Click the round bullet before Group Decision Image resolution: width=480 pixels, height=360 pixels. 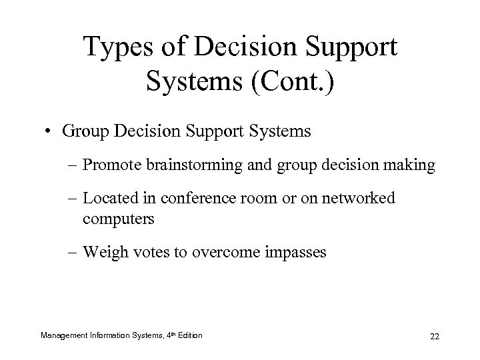(x=51, y=131)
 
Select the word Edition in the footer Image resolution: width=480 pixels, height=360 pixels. (x=190, y=334)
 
